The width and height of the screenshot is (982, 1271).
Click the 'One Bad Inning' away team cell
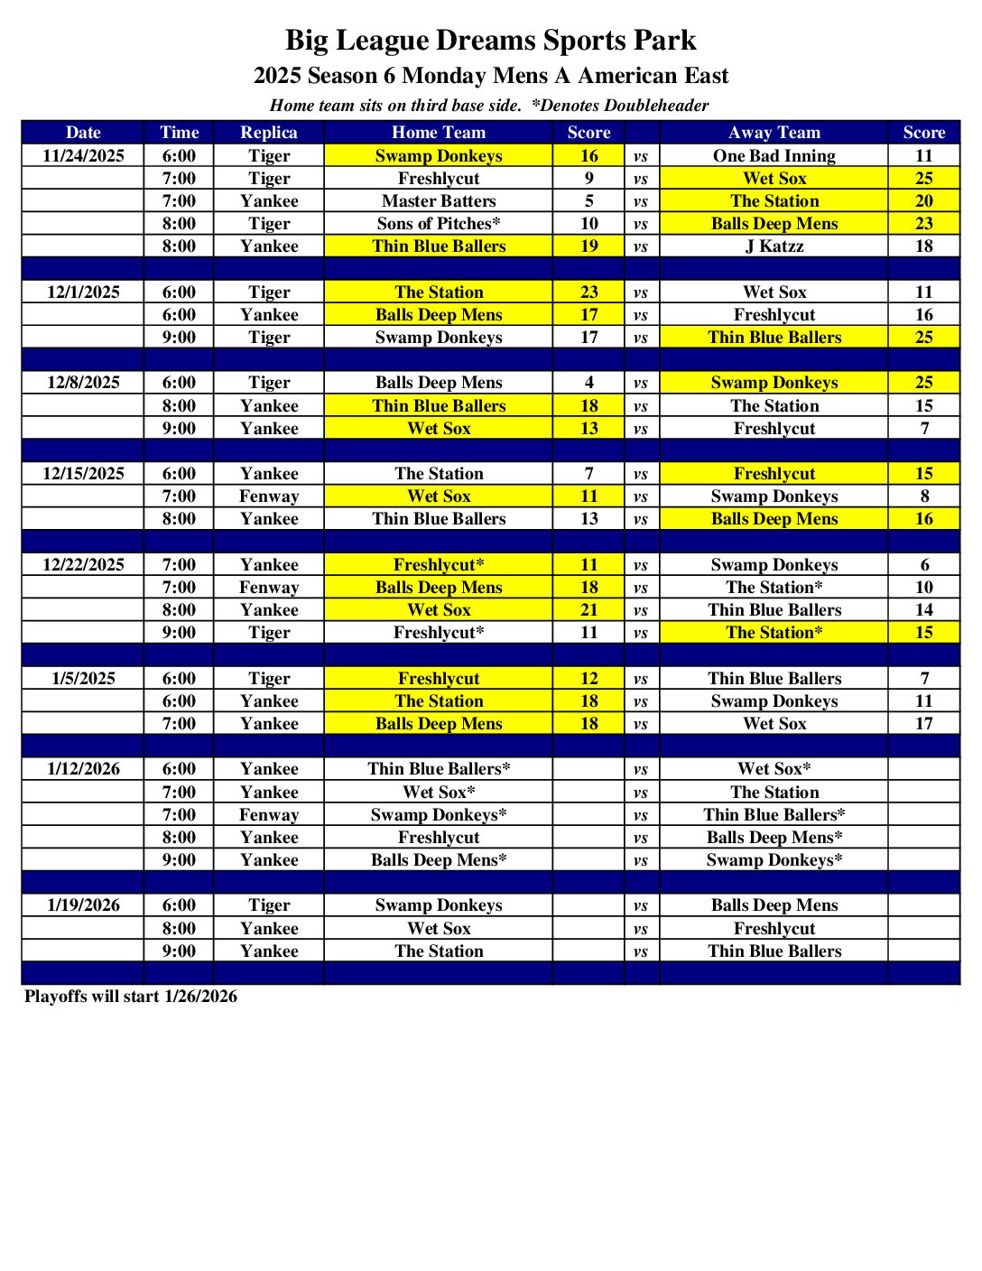tap(774, 155)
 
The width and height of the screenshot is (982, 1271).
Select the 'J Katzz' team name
tap(774, 246)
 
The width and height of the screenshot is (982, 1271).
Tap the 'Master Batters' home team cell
tap(439, 200)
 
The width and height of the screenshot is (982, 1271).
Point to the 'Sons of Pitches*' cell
tap(439, 223)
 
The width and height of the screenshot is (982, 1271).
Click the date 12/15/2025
tap(83, 473)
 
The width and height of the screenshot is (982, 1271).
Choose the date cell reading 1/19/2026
tap(83, 905)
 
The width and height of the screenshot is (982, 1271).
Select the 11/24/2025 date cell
tap(83, 155)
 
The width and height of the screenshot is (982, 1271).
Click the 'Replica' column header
tap(268, 132)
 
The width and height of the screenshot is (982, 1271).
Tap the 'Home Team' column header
tap(439, 132)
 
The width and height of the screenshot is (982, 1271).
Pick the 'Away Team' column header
tap(774, 132)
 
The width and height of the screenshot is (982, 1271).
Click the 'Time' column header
tap(179, 132)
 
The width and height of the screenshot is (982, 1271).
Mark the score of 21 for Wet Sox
tap(588, 609)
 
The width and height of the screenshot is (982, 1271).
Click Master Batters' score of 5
tap(588, 200)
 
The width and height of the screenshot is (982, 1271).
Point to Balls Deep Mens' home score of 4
tap(588, 382)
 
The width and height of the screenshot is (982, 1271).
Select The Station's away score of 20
tap(923, 200)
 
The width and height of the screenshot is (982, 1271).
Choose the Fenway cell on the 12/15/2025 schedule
tap(268, 496)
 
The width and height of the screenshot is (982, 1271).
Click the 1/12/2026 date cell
tap(83, 768)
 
